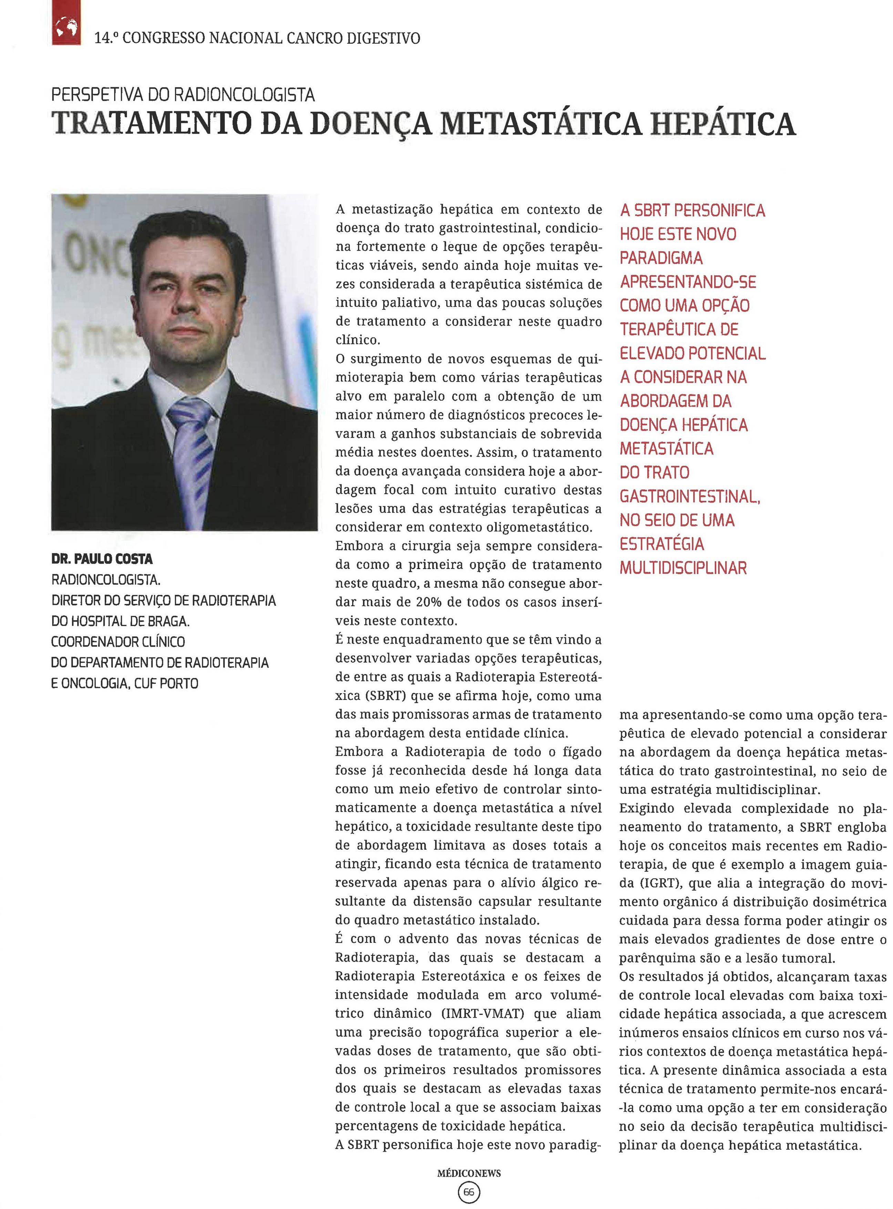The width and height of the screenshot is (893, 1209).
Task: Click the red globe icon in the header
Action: [66, 24]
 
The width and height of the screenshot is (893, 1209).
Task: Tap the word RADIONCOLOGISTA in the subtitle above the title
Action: [244, 95]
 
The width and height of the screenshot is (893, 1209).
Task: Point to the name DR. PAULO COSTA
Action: [102, 559]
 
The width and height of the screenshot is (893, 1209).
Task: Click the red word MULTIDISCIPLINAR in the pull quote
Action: [683, 568]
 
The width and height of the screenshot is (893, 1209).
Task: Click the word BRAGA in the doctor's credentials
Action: [167, 621]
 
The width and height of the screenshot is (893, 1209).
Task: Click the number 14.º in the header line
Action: [106, 38]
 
